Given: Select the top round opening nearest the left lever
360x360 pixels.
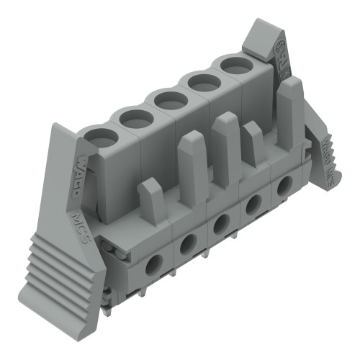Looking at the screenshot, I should [x=99, y=135].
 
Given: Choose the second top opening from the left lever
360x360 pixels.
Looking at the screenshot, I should [x=133, y=117].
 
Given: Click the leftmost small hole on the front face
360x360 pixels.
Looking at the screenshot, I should [x=153, y=265].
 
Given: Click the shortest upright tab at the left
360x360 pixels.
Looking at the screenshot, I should [x=152, y=200].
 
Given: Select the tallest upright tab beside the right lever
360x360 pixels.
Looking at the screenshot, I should [x=290, y=112].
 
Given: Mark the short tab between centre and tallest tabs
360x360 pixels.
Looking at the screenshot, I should [x=253, y=143].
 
